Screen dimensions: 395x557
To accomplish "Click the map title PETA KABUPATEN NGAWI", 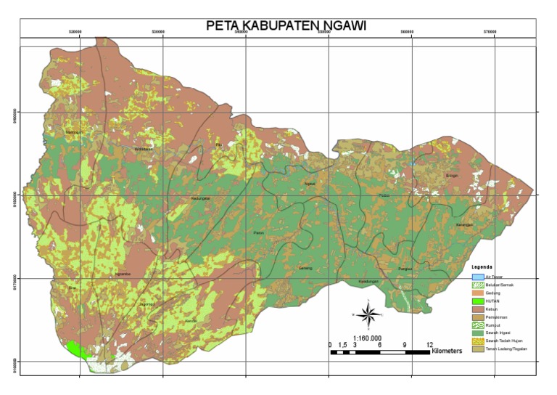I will coord(286,25).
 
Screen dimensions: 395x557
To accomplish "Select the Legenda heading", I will coord(483,266).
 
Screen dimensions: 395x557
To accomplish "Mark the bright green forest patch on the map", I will coord(78,350).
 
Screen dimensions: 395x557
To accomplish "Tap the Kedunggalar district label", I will coord(201,197).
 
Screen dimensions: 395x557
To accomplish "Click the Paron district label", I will coord(259,232).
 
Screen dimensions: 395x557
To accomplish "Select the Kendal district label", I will coord(191,320).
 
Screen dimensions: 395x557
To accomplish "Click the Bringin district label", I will coord(453,176).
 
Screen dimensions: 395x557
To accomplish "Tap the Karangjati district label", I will coord(464,225).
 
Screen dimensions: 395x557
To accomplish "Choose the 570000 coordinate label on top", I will coord(495,33).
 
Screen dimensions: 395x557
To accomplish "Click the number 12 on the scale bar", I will coord(429,345).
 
